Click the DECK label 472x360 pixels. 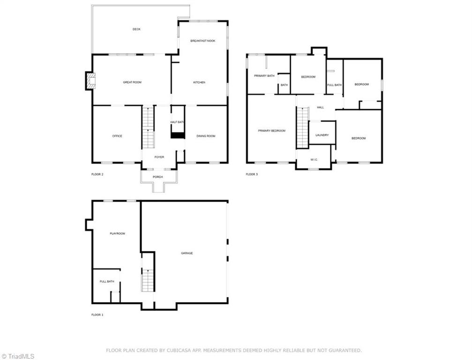(x=136, y=29)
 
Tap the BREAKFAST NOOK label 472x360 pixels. (x=202, y=41)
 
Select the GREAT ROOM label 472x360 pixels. (x=132, y=82)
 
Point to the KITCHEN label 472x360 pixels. (x=199, y=82)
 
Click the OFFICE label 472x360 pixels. (x=117, y=136)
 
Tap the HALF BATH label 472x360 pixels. (x=177, y=122)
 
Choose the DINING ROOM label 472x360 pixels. (x=206, y=136)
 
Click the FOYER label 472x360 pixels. (x=159, y=157)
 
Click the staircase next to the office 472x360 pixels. (x=148, y=127)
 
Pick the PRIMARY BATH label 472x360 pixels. (x=264, y=75)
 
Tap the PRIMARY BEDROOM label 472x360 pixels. (x=271, y=131)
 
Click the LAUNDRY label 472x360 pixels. (x=322, y=135)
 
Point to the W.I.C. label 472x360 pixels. (x=314, y=159)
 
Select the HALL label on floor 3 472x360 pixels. (x=321, y=107)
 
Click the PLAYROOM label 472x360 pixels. (x=117, y=233)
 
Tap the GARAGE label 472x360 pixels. (x=187, y=253)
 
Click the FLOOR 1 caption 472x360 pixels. (x=97, y=315)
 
